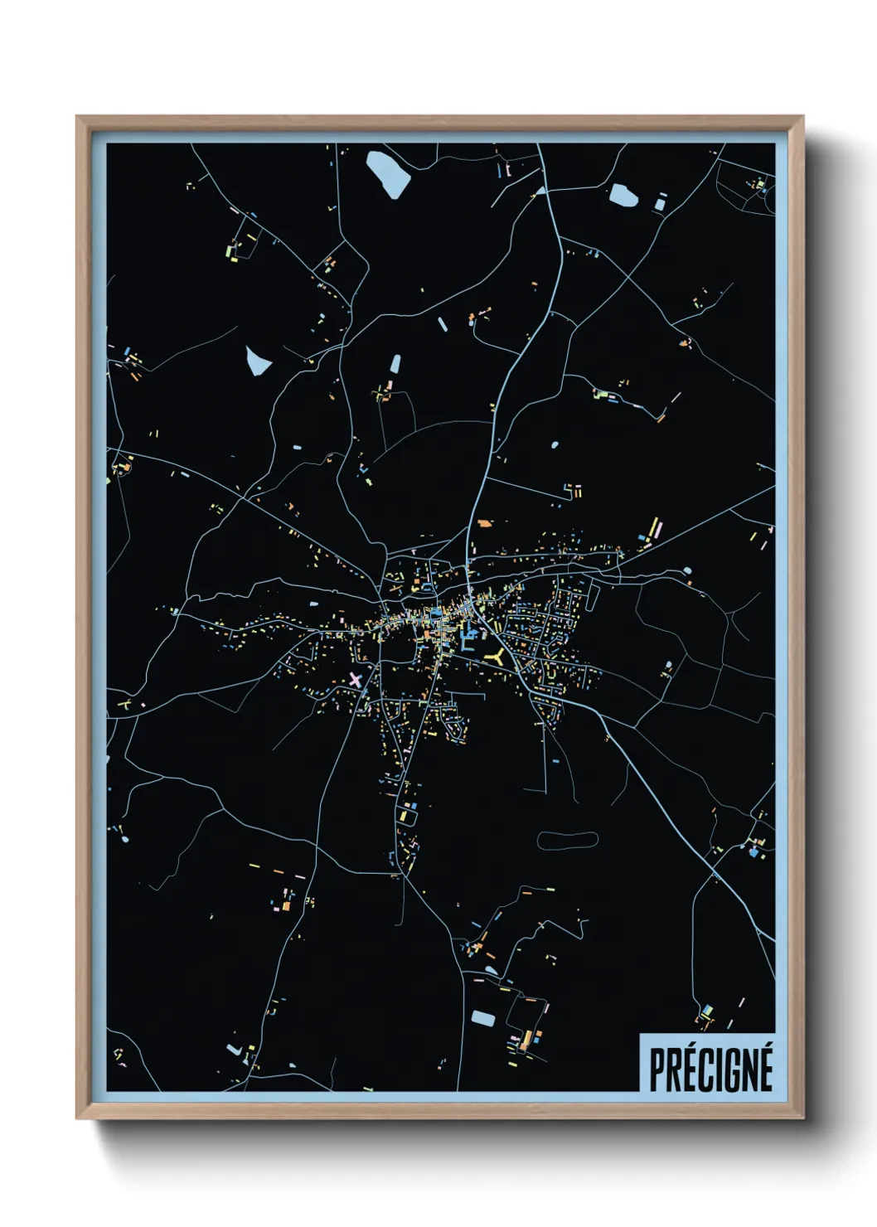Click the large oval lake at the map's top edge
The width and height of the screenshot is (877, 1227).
[x=387, y=173]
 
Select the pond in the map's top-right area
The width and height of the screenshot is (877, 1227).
[x=623, y=196]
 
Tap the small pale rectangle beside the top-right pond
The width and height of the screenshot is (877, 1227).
[x=661, y=201]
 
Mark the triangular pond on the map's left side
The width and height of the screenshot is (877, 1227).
[x=256, y=361]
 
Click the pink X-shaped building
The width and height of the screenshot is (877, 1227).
[x=356, y=680]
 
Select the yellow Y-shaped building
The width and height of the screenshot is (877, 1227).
[x=497, y=657]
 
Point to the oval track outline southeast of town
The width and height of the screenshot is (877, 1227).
[x=567, y=840]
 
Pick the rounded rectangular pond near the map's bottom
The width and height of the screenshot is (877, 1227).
[x=482, y=1017]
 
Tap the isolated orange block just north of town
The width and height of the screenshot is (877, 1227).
[x=485, y=523]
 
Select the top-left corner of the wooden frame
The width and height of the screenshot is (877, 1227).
[x=77, y=117]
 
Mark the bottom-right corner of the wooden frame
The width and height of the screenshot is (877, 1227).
[x=802, y=1118]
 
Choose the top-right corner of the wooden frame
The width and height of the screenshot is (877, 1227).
[x=802, y=117]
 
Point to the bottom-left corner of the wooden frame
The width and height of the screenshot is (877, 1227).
[x=77, y=1118]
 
